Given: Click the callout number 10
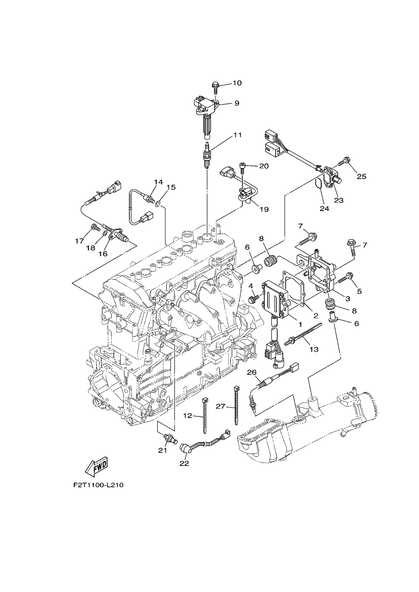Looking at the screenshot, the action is point(237,83).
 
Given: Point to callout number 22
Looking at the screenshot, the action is point(184,463).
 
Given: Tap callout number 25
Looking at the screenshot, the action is point(362,176).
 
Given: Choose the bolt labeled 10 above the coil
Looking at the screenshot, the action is point(215,88).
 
